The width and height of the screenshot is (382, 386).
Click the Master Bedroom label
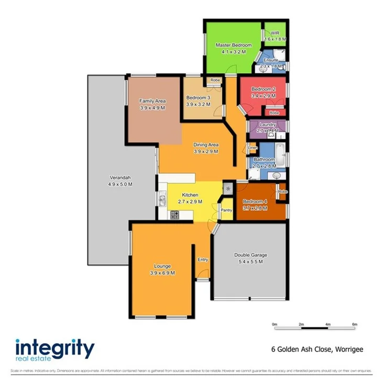[234, 46]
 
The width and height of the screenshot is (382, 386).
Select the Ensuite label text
[271, 60]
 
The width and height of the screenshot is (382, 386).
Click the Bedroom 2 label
[263, 89]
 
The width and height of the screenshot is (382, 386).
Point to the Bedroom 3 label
[198, 97]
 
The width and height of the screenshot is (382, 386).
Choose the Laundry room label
[267, 125]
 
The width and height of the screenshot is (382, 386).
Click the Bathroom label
[264, 159]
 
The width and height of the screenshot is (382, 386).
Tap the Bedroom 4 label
[255, 202]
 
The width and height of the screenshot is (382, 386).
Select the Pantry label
[226, 210]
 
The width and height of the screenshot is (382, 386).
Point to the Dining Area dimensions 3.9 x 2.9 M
[205, 151]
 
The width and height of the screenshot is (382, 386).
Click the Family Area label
[152, 101]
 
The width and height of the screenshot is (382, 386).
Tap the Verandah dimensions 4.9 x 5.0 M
[120, 184]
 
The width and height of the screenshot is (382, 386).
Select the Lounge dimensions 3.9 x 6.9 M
[162, 273]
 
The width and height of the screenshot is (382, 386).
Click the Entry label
[203, 260]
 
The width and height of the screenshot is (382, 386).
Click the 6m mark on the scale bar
[355, 325]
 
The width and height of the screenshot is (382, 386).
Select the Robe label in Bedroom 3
[215, 80]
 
